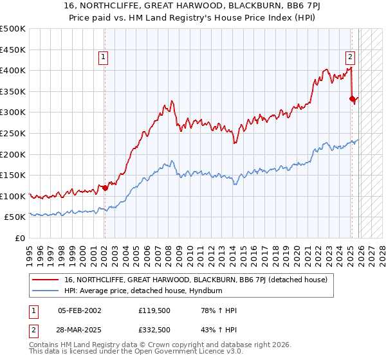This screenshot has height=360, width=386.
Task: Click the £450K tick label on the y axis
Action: pyautogui.click(x=13, y=50)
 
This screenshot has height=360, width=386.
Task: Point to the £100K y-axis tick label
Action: pyautogui.click(x=13, y=196)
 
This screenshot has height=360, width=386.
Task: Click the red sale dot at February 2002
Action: pyautogui.click(x=105, y=188)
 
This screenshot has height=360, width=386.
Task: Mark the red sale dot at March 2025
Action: pyautogui.click(x=352, y=98)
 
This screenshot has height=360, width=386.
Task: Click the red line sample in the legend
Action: pyautogui.click(x=46, y=280)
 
